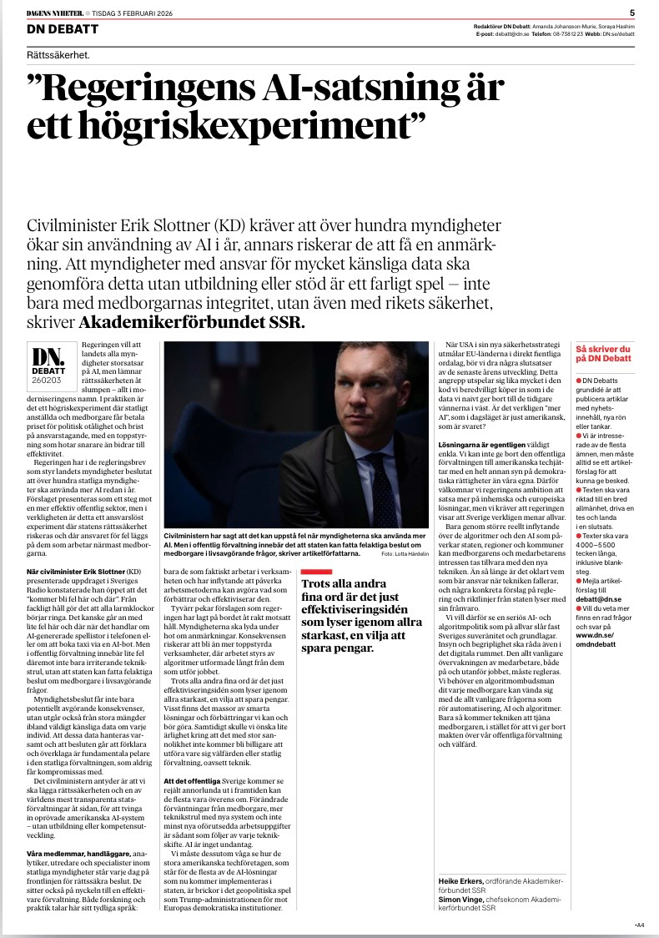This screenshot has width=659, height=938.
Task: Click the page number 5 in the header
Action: (632, 13)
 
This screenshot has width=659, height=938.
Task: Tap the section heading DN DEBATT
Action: (63, 29)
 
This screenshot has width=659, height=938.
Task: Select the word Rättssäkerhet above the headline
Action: (58, 55)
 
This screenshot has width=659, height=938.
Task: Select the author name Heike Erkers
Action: (461, 881)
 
